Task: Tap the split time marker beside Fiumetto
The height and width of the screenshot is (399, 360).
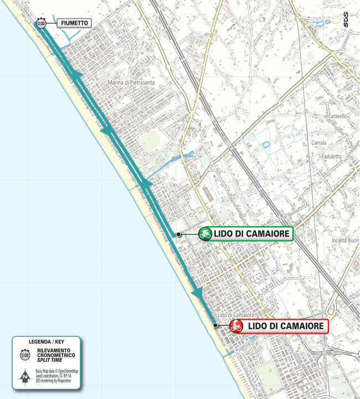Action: click(41, 23)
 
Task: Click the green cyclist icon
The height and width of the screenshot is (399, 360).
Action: click(205, 234)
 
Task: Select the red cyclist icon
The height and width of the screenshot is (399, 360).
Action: click(236, 326)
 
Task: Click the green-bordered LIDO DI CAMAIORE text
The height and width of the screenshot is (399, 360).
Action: click(252, 234)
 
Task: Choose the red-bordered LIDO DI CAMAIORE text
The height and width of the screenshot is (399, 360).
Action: click(285, 326)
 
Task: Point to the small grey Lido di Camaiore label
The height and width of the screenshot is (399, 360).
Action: click(229, 315)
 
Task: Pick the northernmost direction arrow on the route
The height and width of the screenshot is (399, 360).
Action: click(78, 75)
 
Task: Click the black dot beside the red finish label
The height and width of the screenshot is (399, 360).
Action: click(215, 326)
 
